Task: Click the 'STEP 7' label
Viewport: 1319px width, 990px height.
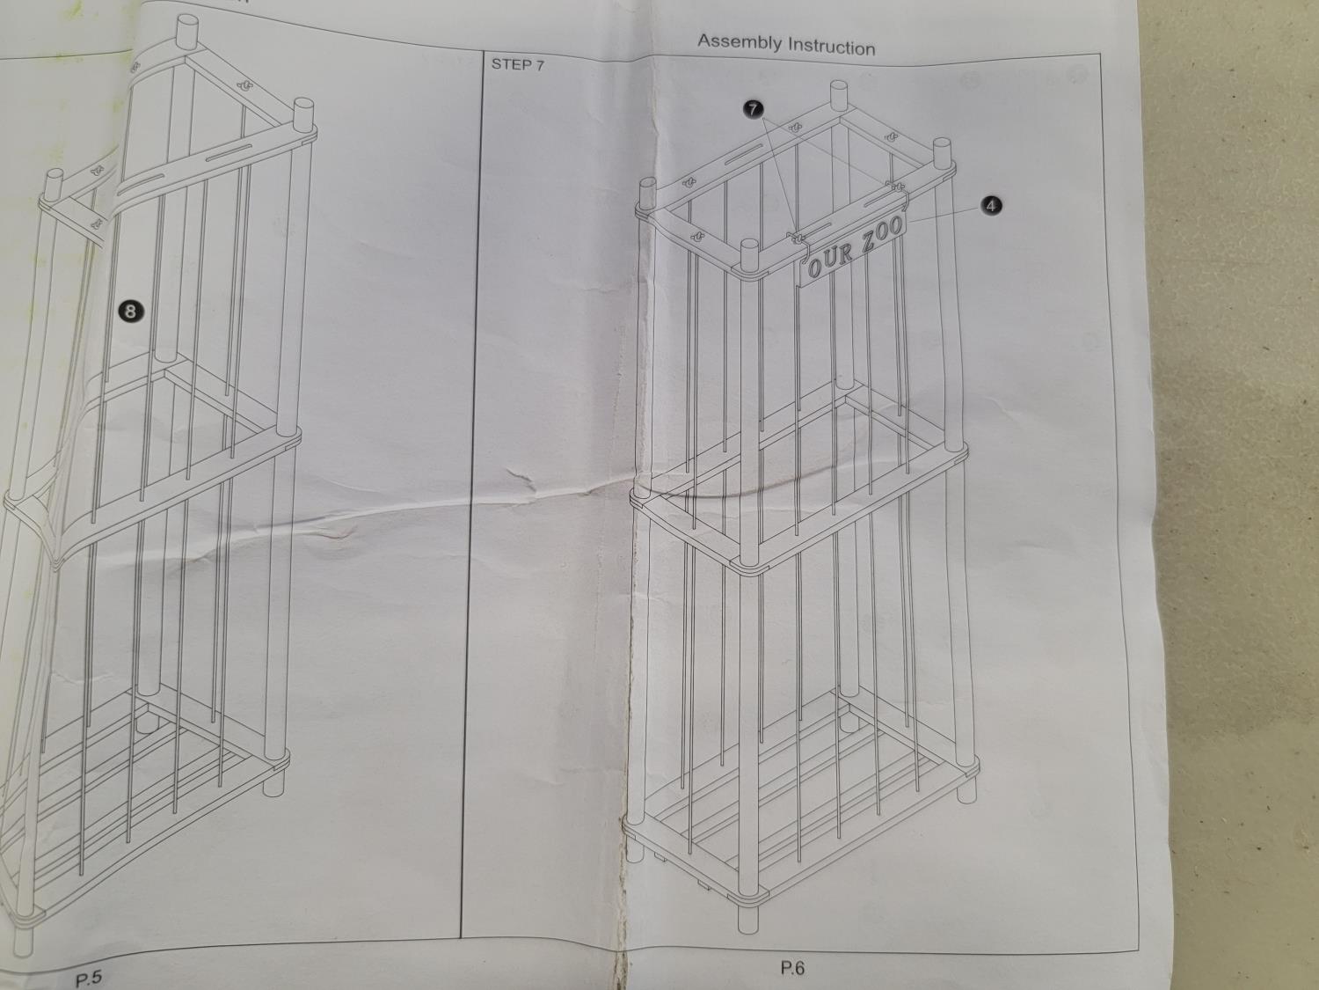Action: (517, 65)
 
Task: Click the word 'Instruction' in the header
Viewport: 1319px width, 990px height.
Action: (831, 47)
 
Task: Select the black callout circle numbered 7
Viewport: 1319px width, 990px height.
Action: (754, 109)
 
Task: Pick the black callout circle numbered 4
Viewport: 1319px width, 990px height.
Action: (991, 206)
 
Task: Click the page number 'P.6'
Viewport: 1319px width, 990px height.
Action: (792, 968)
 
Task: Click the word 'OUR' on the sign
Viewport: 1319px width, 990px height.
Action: (830, 259)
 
